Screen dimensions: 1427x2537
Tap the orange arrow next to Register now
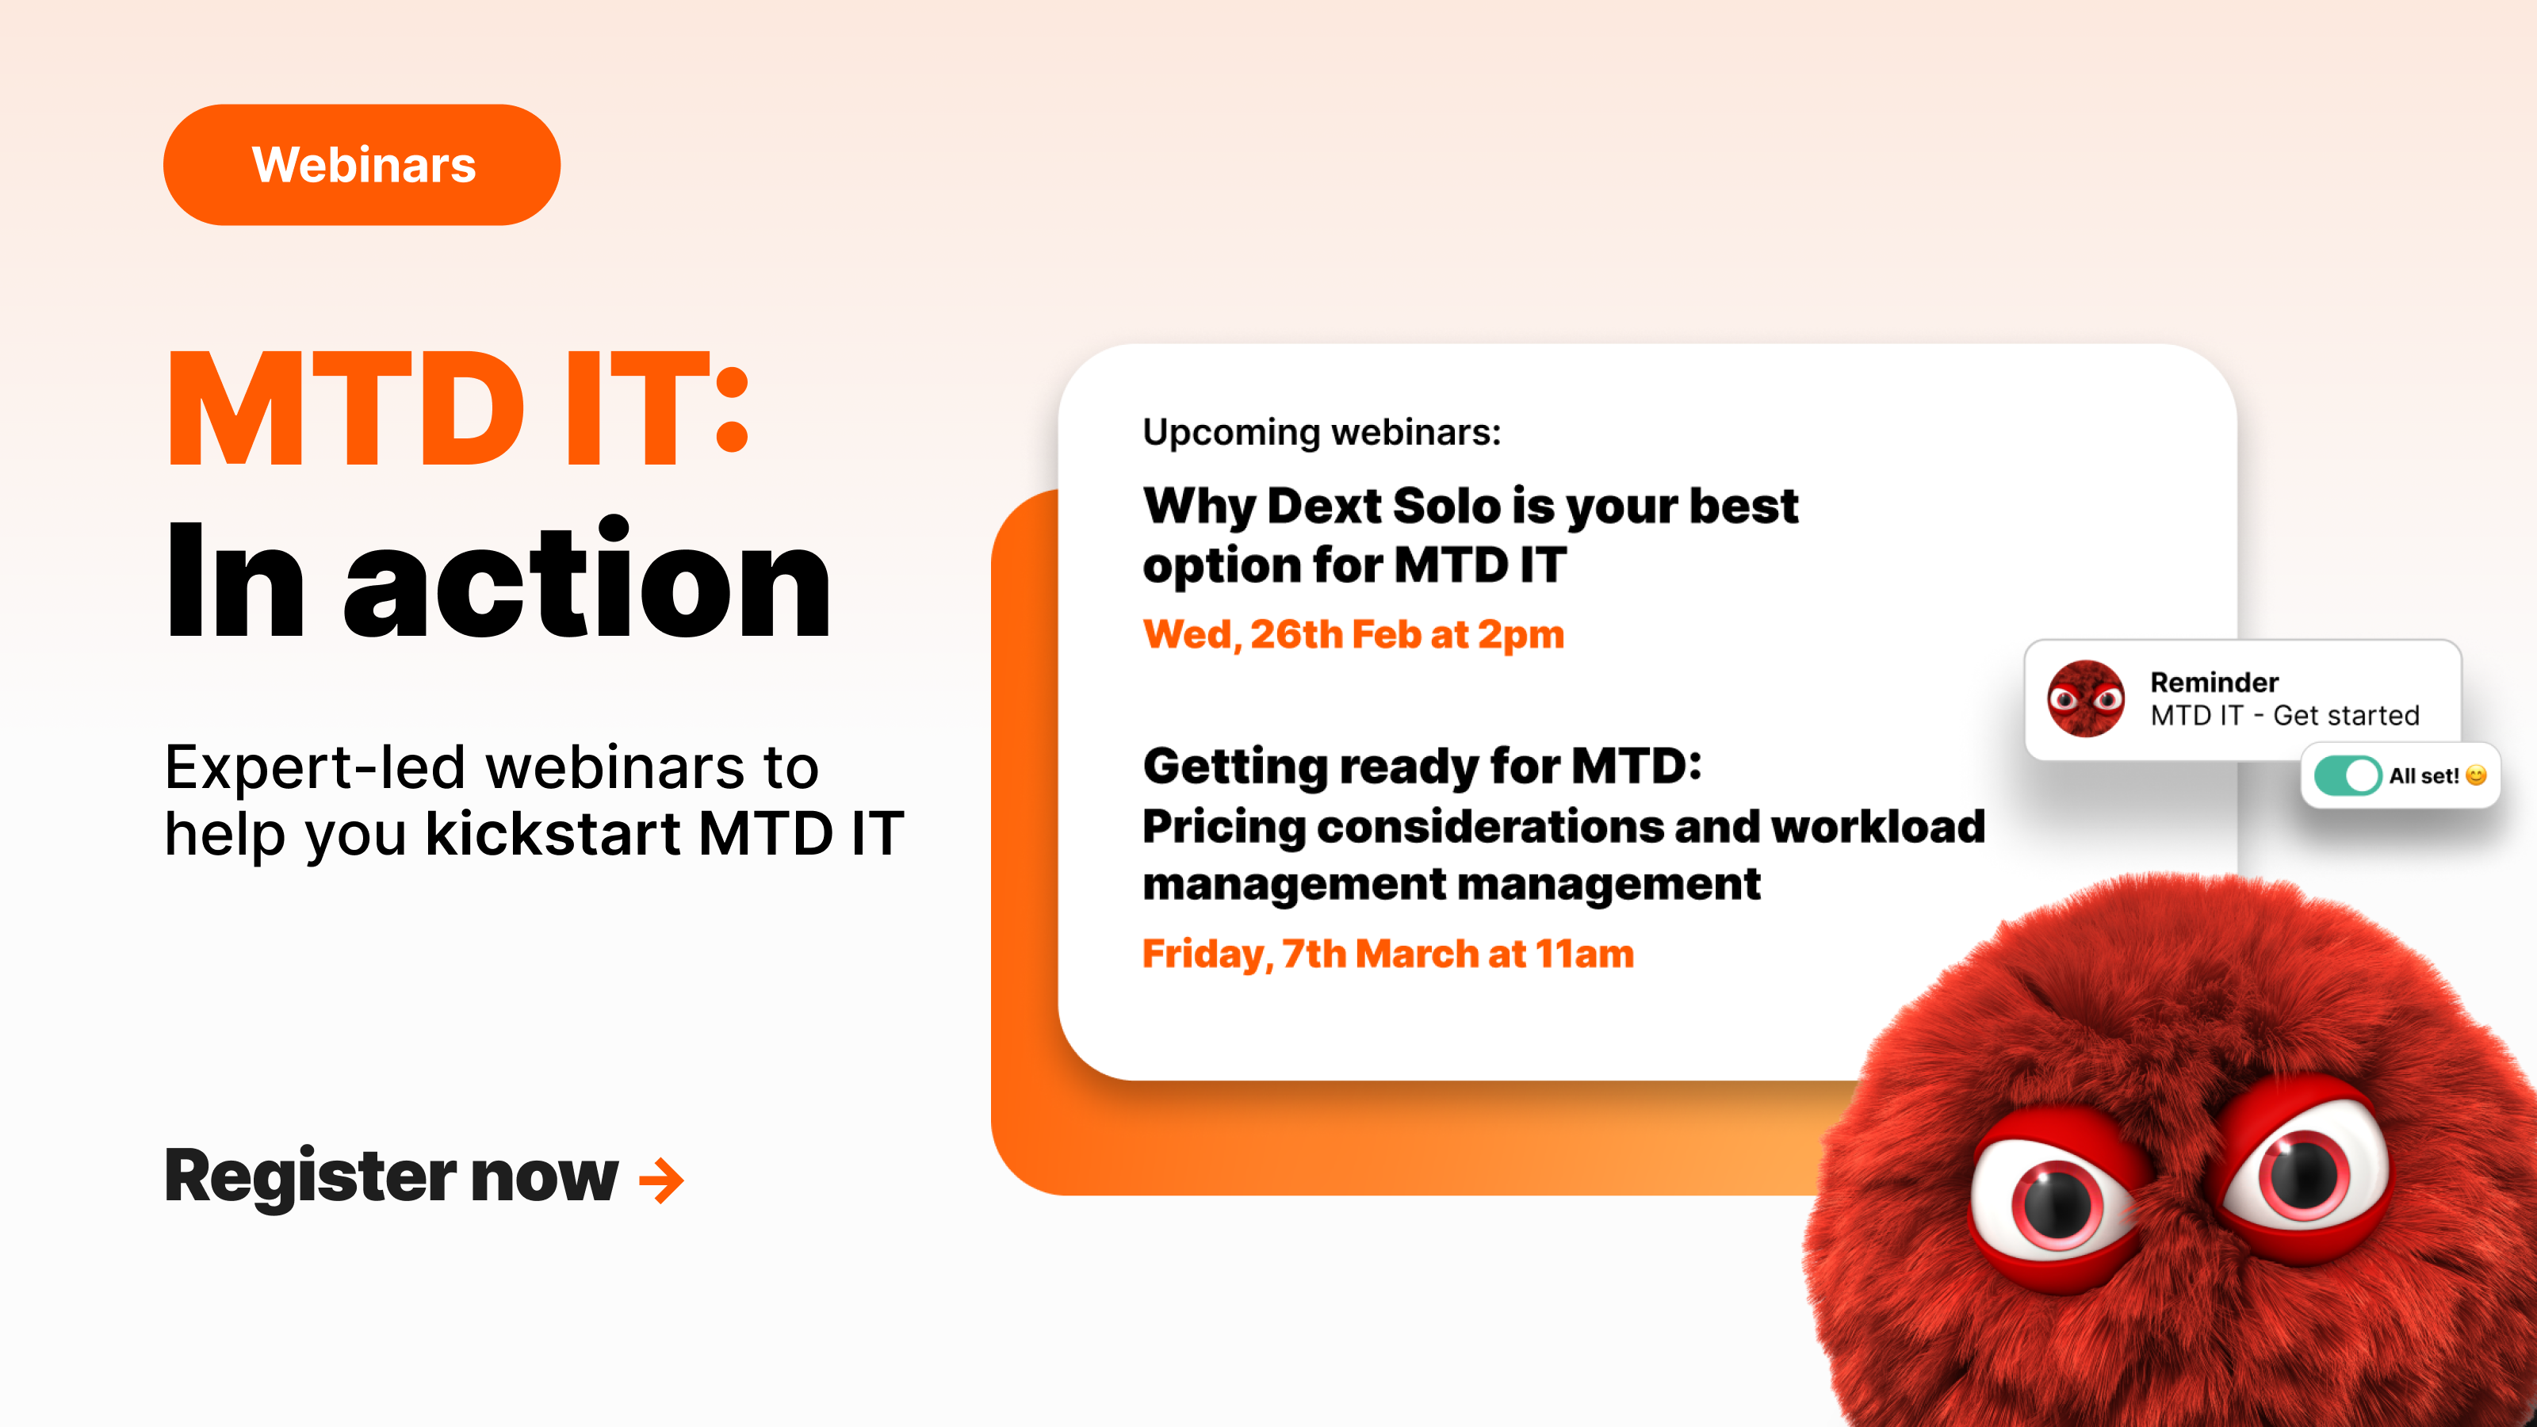(x=661, y=1180)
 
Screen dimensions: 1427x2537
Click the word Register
(x=310, y=1176)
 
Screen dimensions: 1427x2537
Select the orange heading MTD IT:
(x=458, y=409)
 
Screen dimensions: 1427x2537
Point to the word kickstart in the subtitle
(x=553, y=834)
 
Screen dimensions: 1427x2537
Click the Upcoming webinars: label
(x=1321, y=432)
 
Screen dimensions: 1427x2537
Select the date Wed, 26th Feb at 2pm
(x=1353, y=635)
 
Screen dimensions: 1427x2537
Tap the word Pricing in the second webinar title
(x=1223, y=826)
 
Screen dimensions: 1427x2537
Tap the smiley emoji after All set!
(x=2475, y=776)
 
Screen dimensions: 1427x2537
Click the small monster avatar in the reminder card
(x=2085, y=699)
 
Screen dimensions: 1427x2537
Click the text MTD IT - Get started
(x=2284, y=716)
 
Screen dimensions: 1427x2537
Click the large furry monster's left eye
(x=2057, y=1203)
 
